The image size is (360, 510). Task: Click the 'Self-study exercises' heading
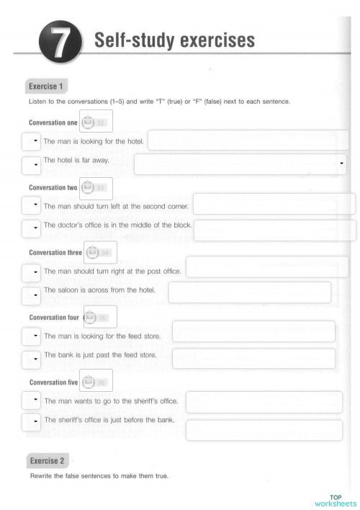[174, 41]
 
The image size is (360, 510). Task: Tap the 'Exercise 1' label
[46, 86]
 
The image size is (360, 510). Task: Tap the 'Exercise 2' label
[47, 460]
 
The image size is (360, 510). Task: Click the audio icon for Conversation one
[88, 122]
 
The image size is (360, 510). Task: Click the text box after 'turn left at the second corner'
[274, 204]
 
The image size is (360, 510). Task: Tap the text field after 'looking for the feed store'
[253, 331]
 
